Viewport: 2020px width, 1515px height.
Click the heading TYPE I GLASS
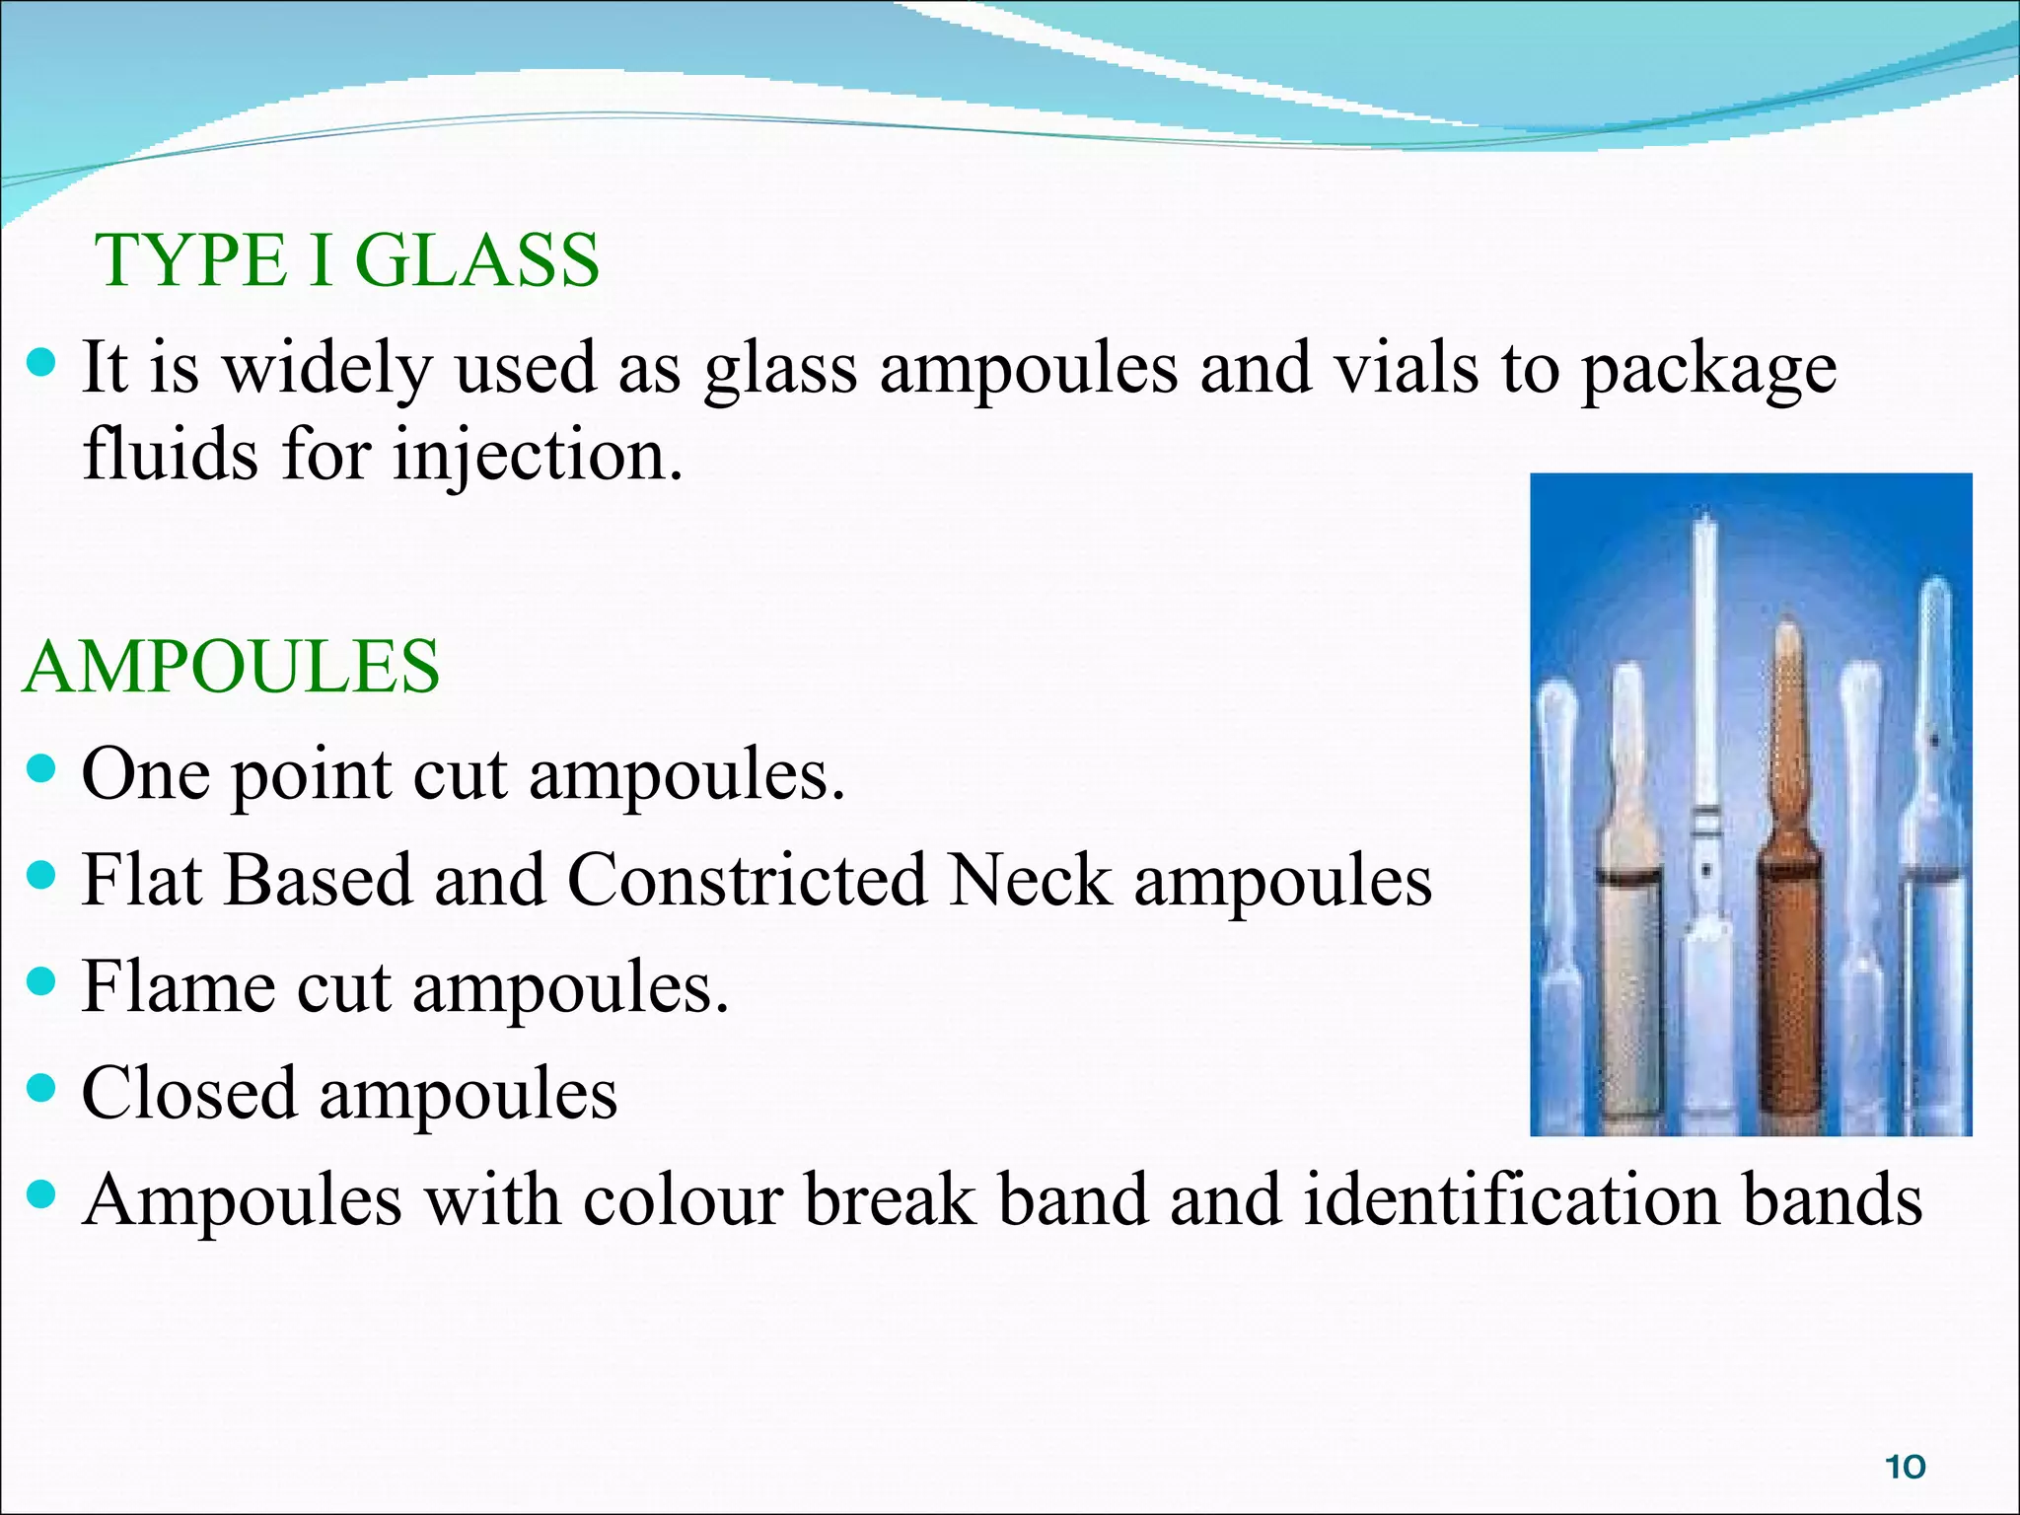point(347,260)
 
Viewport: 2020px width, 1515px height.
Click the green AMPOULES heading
point(232,667)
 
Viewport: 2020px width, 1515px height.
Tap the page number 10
point(1905,1467)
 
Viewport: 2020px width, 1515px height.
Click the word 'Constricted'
point(747,880)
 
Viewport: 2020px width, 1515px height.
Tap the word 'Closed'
point(188,1093)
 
